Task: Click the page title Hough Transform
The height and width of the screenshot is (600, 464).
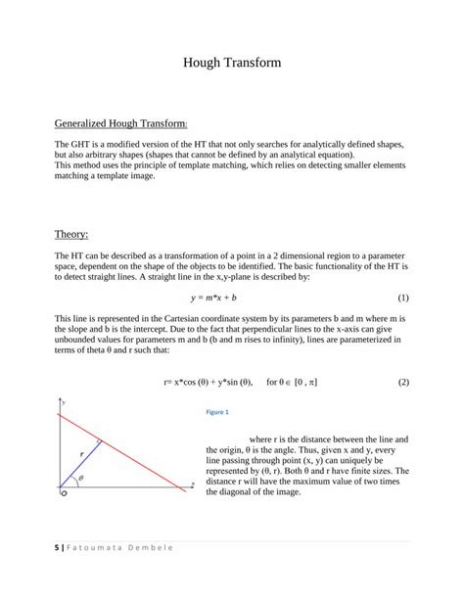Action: [232, 63]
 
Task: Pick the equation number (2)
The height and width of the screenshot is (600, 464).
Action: [402, 383]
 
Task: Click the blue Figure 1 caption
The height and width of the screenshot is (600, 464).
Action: [216, 412]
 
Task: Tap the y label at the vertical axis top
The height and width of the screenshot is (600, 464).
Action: [65, 402]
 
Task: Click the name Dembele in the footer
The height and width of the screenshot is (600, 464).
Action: [146, 546]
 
